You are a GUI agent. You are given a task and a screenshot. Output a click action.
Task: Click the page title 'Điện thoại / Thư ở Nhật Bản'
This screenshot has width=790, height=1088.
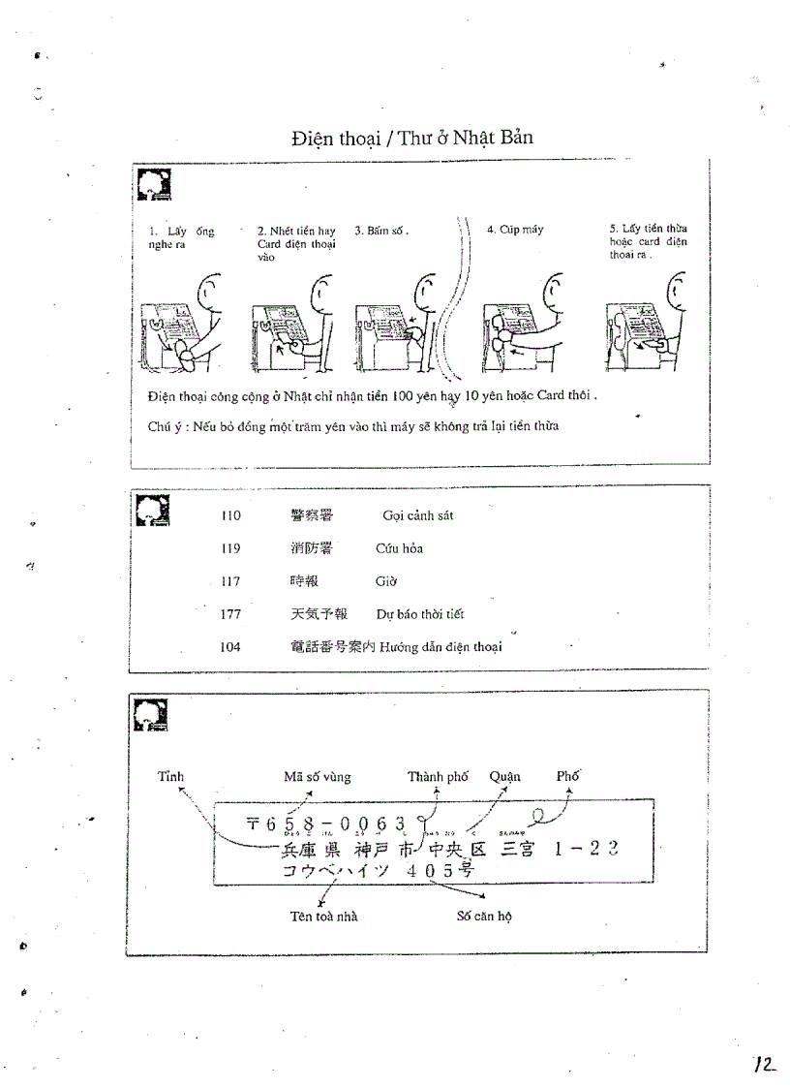click(412, 138)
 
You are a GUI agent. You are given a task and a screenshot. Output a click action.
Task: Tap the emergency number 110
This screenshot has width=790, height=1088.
click(230, 515)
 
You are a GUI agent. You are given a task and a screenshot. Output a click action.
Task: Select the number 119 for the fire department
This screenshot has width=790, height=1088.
click(230, 548)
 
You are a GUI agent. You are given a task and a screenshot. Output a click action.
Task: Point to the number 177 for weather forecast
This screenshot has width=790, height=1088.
click(230, 614)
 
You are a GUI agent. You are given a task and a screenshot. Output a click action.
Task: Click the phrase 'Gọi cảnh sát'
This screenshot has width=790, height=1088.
click(417, 515)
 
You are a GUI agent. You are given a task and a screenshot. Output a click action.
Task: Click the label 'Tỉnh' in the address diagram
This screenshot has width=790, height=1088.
click(170, 776)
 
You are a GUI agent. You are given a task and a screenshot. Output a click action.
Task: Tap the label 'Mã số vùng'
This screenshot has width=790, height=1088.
click(318, 777)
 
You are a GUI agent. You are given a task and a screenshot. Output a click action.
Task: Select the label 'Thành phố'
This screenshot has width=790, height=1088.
click(438, 777)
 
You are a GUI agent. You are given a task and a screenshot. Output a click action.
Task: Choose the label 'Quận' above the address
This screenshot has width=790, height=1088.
click(504, 776)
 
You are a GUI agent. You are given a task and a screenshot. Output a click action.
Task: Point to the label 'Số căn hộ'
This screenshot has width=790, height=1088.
click(483, 917)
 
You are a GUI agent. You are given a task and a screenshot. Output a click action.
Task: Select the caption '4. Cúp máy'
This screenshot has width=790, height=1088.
click(514, 230)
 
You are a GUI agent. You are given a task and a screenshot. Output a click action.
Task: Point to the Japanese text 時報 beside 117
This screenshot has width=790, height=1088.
click(303, 581)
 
